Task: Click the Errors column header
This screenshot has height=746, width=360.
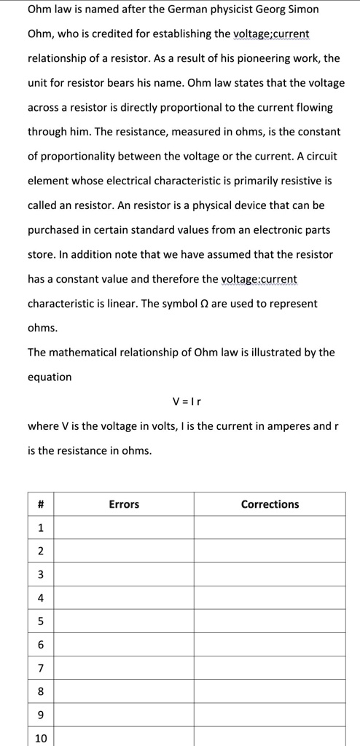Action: (124, 504)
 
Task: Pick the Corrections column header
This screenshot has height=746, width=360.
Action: (270, 504)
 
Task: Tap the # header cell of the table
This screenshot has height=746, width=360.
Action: (41, 504)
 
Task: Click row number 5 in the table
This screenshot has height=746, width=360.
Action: (41, 621)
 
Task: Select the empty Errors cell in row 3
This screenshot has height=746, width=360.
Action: (124, 575)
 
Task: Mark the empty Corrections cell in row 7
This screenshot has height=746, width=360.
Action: (270, 668)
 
